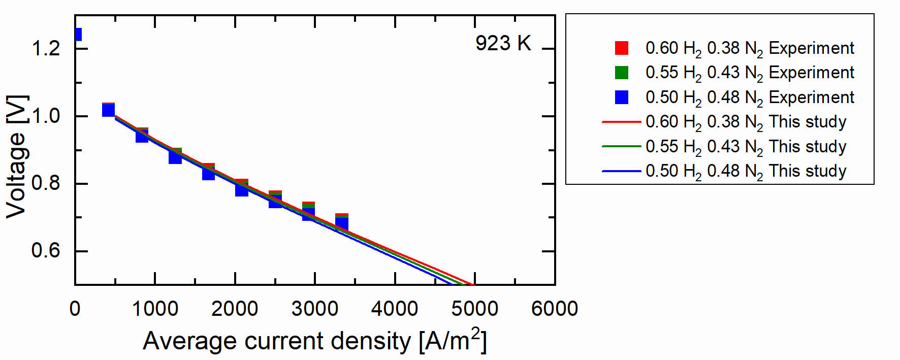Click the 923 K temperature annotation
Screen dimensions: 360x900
click(503, 44)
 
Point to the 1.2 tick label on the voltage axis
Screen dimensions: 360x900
click(46, 49)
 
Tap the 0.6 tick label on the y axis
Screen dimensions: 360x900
click(46, 251)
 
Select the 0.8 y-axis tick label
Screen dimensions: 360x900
click(46, 183)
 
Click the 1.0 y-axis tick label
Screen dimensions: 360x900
click(46, 116)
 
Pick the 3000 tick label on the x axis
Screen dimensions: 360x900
click(315, 309)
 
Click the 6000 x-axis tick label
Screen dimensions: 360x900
click(554, 309)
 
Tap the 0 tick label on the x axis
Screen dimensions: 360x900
click(75, 309)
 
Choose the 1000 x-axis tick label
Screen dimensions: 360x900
click(155, 309)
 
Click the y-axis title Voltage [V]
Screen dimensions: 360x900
click(16, 156)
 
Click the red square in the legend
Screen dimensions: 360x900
click(622, 48)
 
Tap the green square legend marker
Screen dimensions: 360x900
click(622, 73)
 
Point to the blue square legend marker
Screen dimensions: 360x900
click(622, 97)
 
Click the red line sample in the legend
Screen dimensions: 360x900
click(621, 122)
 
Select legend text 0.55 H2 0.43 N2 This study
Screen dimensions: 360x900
click(746, 147)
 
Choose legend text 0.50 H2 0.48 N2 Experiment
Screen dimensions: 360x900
click(750, 97)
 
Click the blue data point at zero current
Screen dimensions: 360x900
click(78, 35)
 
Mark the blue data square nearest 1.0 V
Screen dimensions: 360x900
click(108, 110)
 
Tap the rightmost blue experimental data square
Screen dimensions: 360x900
click(342, 224)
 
